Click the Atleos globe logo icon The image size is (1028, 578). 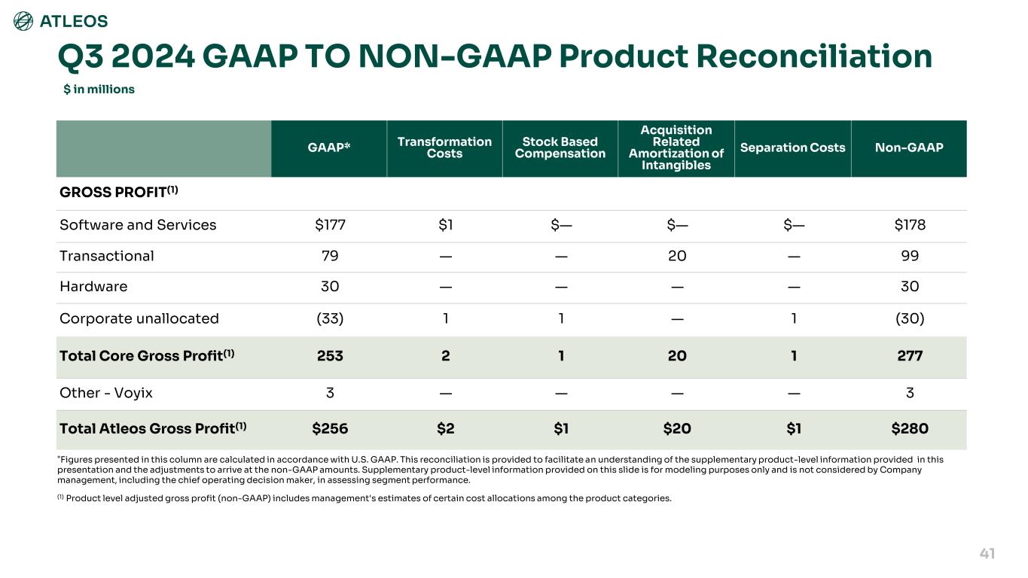coord(23,21)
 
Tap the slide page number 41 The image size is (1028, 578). coord(987,554)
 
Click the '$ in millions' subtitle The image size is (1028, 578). coord(99,90)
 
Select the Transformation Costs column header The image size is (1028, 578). coord(444,148)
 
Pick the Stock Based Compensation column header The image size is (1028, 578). coord(560,148)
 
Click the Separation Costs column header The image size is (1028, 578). coord(792,148)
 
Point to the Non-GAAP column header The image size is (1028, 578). coord(909,148)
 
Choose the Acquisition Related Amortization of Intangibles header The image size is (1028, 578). coord(676,148)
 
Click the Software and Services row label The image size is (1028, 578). coord(138,225)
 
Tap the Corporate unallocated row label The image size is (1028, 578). coord(139,318)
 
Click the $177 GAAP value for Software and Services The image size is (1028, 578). coord(329,225)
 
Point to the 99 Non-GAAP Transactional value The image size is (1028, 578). coord(910,256)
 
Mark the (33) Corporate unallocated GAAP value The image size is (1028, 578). coord(329,318)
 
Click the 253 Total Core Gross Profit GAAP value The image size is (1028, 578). coord(329,356)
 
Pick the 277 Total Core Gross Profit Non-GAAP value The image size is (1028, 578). coord(910,356)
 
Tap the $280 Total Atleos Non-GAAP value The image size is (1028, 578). coord(910,429)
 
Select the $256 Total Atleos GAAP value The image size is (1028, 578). coord(330,429)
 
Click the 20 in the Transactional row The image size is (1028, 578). coord(677,256)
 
